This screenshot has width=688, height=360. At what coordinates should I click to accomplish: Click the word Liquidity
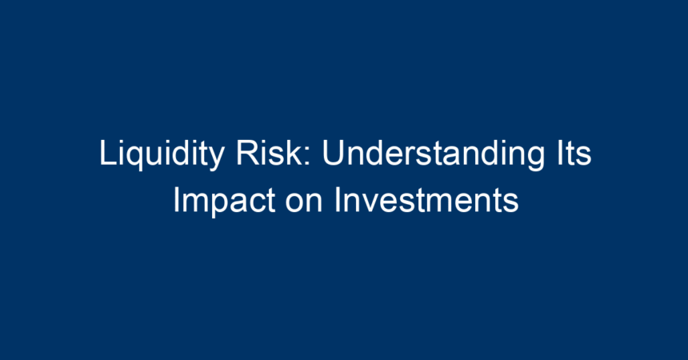tap(162, 154)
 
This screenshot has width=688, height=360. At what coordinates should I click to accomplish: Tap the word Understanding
tap(433, 154)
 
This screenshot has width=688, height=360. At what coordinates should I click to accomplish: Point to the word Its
tap(574, 152)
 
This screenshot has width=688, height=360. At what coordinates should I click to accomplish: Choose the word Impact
tap(225, 201)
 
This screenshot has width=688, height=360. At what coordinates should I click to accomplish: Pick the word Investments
tap(426, 200)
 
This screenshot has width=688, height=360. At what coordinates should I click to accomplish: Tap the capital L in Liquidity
tap(107, 152)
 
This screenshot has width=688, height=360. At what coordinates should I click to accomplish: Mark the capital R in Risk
tap(247, 152)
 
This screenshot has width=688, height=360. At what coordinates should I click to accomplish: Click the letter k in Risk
tap(294, 152)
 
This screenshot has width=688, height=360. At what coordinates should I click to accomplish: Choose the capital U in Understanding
tap(333, 153)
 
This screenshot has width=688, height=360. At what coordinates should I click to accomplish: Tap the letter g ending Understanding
tap(536, 158)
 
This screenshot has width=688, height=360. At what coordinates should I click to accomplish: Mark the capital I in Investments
tap(338, 200)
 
